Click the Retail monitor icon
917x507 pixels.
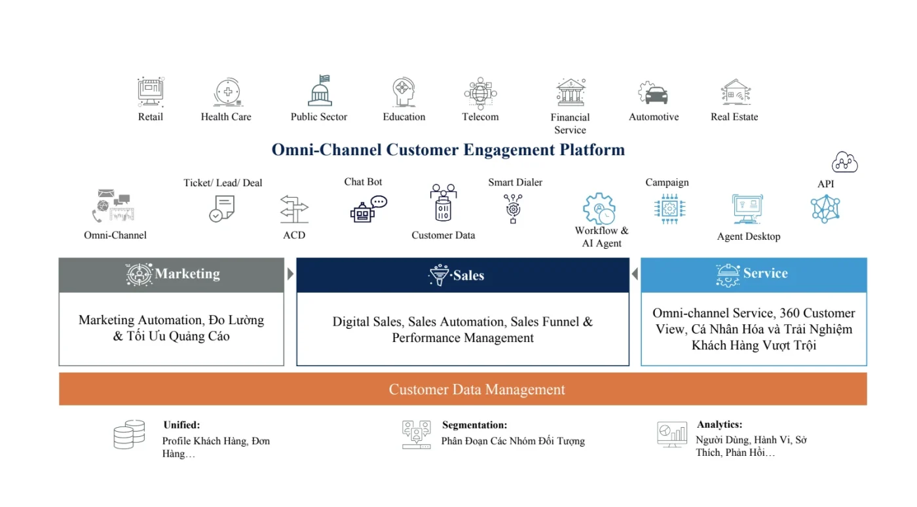150,92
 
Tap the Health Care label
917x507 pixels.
226,117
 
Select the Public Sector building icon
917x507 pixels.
320,91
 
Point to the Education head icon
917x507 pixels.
403,92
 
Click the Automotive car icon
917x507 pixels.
653,94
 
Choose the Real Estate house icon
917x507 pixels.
735,93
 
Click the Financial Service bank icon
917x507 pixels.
571,93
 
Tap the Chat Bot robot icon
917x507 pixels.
368,209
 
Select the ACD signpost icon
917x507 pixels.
294,209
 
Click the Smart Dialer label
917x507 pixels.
515,182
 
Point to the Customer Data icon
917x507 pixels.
443,203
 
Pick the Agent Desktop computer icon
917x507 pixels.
747,209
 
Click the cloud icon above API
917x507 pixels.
844,162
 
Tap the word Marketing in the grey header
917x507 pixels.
187,274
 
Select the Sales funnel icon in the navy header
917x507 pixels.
438,275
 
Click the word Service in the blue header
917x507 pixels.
765,273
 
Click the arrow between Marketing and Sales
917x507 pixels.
290,274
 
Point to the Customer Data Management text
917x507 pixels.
477,390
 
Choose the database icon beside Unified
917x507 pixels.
129,434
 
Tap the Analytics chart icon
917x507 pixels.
672,434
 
